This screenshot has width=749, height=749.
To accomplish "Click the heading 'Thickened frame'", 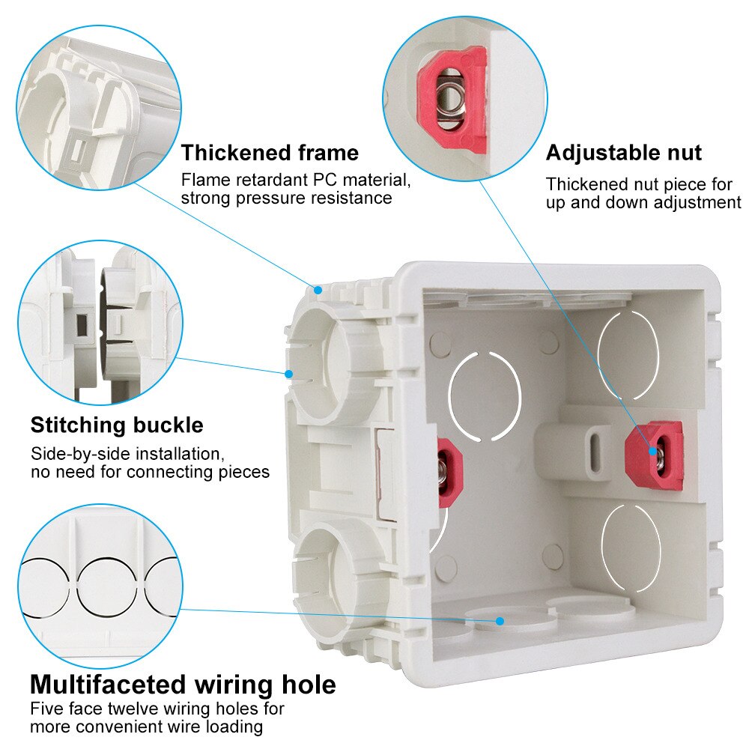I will [270, 153].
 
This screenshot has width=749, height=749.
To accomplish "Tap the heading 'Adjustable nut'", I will [623, 153].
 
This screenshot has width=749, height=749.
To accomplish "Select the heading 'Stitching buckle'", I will [116, 425].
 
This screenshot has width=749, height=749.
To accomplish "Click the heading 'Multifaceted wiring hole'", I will [183, 684].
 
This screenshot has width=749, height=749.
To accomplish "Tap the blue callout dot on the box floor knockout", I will [500, 620].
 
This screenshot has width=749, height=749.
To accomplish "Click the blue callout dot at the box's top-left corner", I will [318, 288].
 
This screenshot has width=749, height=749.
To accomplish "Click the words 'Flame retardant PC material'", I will [296, 181].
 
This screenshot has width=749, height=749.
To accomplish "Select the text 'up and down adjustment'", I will [643, 203].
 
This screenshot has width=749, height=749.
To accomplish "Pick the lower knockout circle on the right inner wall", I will [631, 547].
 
